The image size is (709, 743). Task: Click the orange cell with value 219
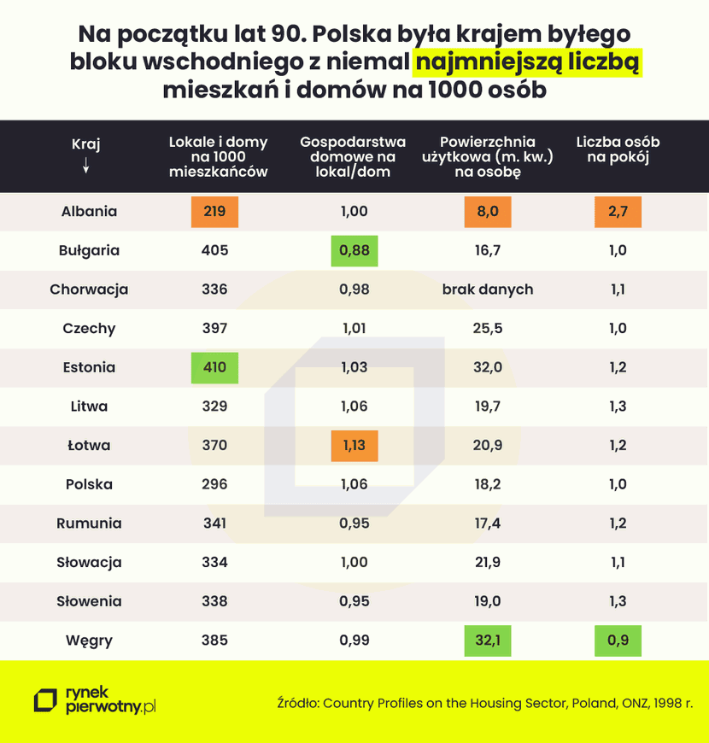click(x=214, y=212)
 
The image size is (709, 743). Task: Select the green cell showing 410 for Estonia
click(x=214, y=367)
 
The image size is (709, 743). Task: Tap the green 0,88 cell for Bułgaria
click(x=354, y=251)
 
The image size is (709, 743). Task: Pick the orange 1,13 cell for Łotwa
click(x=354, y=445)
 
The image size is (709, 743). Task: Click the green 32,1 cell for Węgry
click(x=488, y=640)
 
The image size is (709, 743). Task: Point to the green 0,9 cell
click(x=618, y=640)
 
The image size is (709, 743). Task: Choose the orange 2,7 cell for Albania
click(x=618, y=212)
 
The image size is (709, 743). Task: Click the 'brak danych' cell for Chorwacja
click(x=488, y=290)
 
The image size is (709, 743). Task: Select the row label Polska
click(x=89, y=484)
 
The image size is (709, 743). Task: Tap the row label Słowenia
click(x=89, y=601)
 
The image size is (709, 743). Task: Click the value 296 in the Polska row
click(x=214, y=484)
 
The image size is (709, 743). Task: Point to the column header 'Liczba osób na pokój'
click(x=618, y=150)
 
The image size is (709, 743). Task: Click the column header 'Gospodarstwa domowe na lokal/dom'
click(x=354, y=156)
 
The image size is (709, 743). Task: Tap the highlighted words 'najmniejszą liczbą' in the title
click(x=528, y=62)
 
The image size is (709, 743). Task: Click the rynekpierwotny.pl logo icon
click(x=44, y=701)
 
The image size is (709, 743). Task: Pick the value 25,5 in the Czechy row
click(x=488, y=329)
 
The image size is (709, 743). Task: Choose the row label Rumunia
click(x=89, y=524)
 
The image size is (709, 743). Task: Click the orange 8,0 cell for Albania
click(x=488, y=212)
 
